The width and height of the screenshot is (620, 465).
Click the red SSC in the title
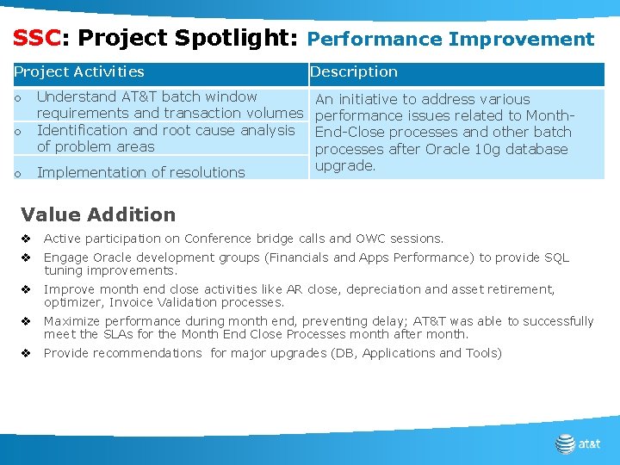(x=36, y=39)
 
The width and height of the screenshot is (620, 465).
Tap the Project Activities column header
(x=79, y=72)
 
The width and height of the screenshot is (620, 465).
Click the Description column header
(x=354, y=72)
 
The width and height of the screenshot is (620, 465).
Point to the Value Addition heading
(x=97, y=214)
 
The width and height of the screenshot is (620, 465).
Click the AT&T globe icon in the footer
(x=565, y=443)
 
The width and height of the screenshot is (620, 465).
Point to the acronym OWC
(x=368, y=239)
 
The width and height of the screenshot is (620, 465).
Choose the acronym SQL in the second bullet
(x=556, y=257)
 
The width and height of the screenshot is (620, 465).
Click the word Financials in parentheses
(x=299, y=257)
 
